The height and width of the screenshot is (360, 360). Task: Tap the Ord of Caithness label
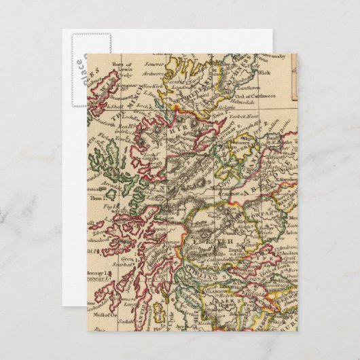[257, 96]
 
